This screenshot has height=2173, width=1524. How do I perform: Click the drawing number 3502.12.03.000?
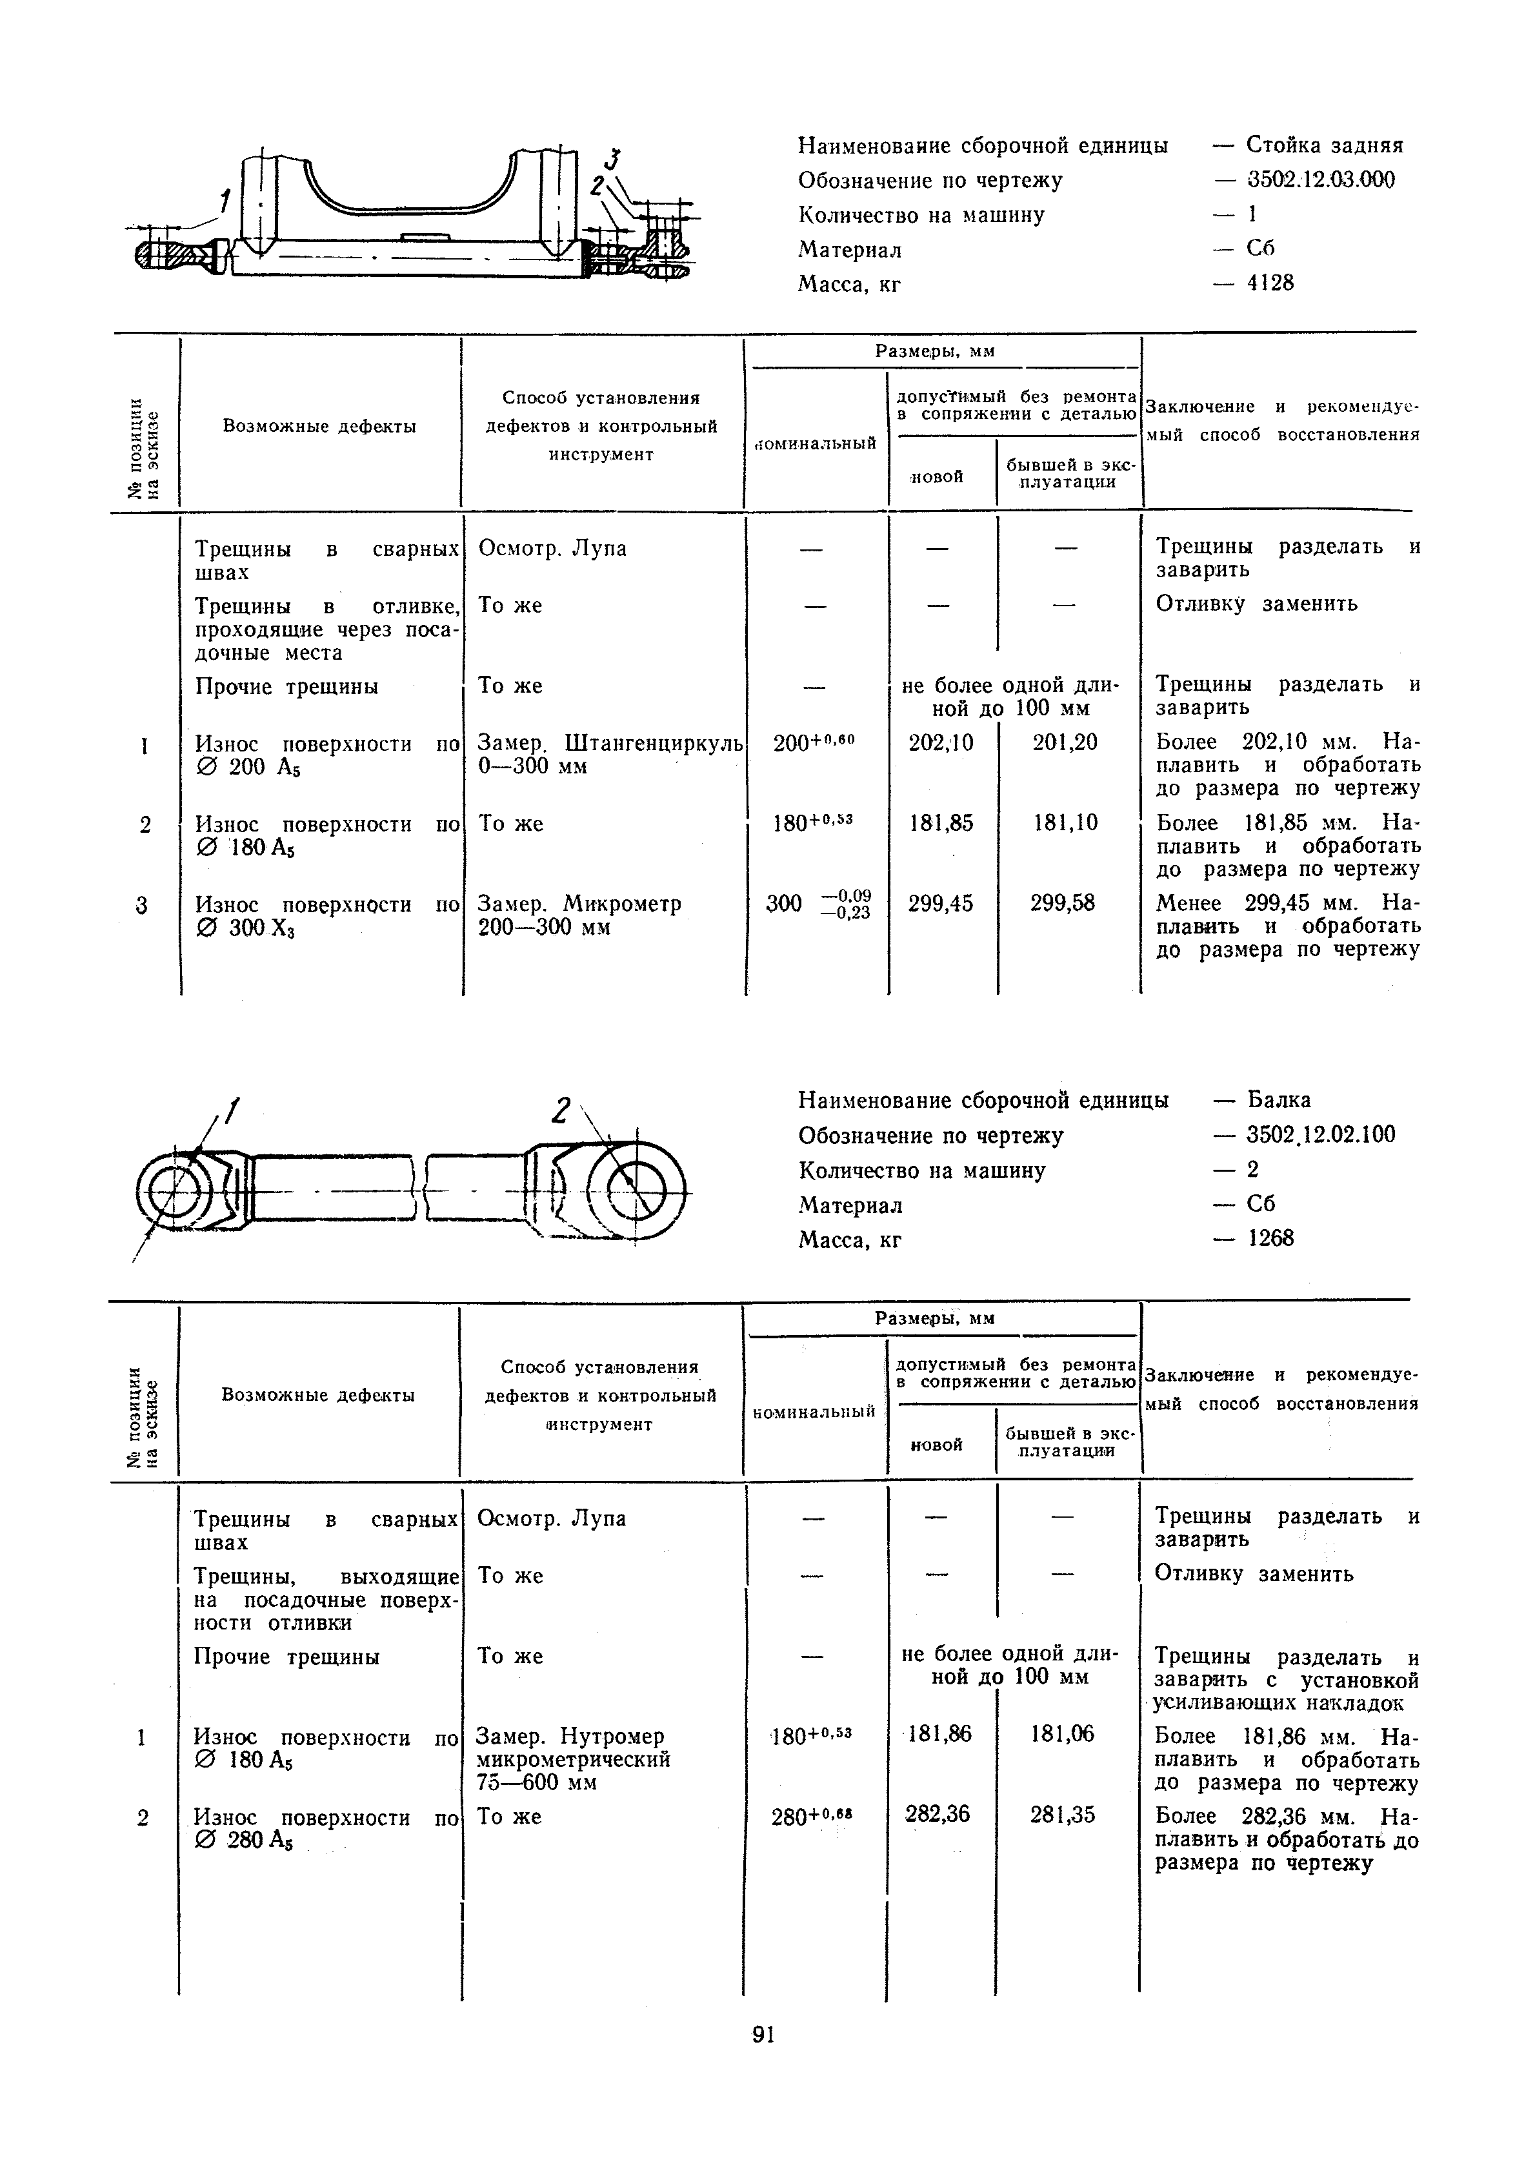pos(1319,180)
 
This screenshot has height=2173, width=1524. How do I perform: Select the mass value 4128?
pos(1270,283)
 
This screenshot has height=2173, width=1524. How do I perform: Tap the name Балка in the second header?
pos(1279,1100)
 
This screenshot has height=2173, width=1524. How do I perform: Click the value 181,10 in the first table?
pos(1065,823)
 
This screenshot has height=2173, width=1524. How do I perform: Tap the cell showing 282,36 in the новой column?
pos(937,1813)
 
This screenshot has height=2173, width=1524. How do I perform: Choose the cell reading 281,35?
pos(1063,1814)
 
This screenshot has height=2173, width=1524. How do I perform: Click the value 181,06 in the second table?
pos(1063,1734)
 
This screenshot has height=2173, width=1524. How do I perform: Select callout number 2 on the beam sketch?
pos(563,1110)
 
